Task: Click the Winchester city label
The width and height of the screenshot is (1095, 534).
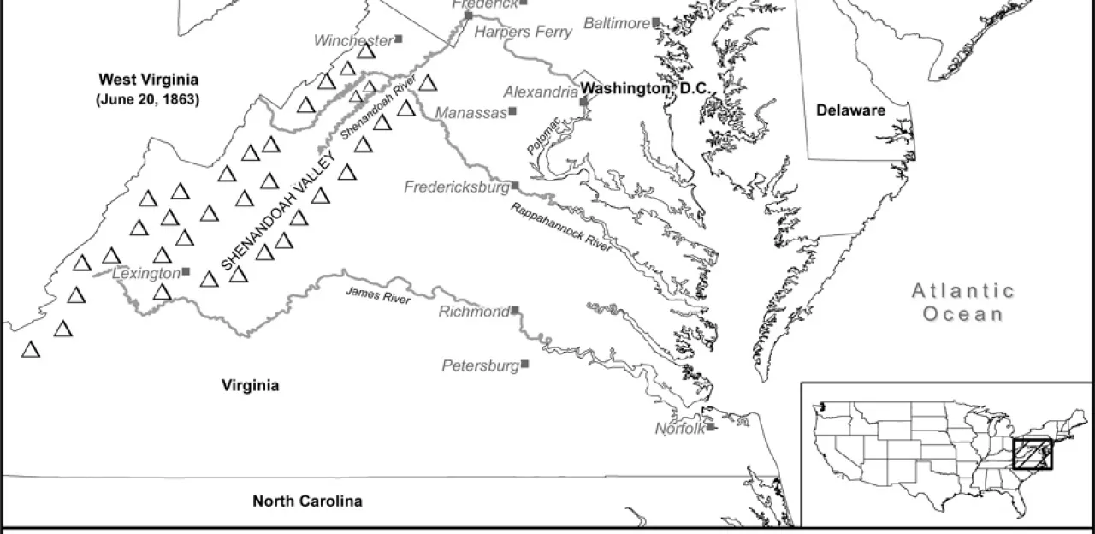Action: [352, 40]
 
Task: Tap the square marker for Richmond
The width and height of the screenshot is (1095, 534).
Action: [515, 311]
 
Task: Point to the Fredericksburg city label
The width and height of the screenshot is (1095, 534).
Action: [456, 187]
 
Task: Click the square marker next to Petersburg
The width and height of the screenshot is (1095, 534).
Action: [524, 364]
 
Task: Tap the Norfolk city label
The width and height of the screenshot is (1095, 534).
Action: [680, 429]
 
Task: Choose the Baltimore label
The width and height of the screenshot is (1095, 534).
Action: [617, 23]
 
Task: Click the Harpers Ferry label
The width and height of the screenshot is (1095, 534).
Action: [523, 33]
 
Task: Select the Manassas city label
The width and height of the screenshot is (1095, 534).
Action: [471, 112]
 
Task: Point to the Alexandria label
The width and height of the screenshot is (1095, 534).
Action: [541, 92]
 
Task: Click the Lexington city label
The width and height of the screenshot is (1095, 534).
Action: [146, 272]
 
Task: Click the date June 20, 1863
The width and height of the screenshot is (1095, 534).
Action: [147, 99]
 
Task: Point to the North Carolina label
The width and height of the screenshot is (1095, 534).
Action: [306, 501]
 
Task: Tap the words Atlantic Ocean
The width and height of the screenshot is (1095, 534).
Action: [962, 302]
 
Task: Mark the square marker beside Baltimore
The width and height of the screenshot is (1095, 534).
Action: [656, 22]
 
